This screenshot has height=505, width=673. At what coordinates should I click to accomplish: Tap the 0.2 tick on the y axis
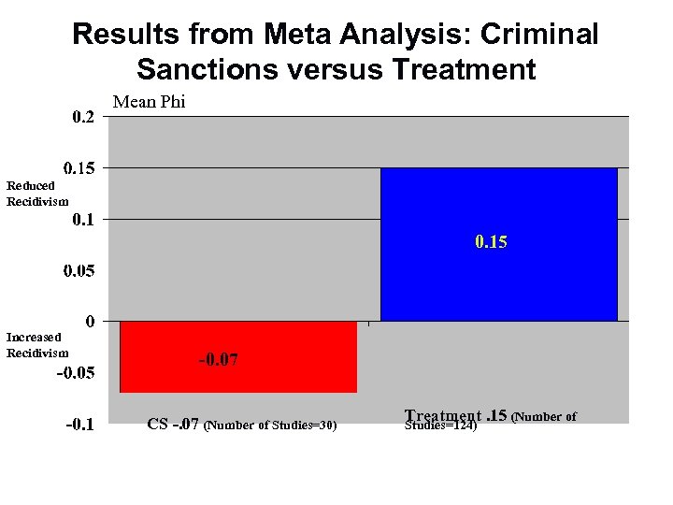(x=83, y=118)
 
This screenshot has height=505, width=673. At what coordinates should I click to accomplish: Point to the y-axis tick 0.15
(x=79, y=169)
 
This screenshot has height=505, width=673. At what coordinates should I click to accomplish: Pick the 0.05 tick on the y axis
(x=79, y=272)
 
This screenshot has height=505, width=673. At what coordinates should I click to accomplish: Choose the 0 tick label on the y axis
(x=89, y=322)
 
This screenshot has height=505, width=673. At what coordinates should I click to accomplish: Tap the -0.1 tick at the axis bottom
(x=79, y=426)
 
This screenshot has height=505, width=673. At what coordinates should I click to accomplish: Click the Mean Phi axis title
(x=150, y=103)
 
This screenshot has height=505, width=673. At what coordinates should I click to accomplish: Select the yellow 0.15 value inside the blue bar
(x=491, y=242)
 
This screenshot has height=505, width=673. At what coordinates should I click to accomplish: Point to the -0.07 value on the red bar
(x=218, y=360)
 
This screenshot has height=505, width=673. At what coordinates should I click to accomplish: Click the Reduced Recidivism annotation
(x=36, y=194)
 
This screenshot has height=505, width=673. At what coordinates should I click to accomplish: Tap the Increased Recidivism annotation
(x=36, y=344)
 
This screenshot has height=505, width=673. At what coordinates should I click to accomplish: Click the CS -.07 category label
(x=172, y=425)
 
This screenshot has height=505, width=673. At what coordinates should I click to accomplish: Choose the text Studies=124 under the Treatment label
(x=440, y=427)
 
